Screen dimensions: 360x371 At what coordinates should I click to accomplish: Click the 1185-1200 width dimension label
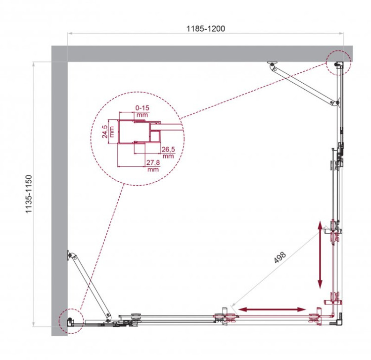tap(206, 29)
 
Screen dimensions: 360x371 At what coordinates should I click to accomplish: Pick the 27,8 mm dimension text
tap(153, 165)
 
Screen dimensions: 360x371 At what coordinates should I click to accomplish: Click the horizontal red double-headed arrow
tap(273, 309)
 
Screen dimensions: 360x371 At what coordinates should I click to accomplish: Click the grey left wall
tap(59, 198)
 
